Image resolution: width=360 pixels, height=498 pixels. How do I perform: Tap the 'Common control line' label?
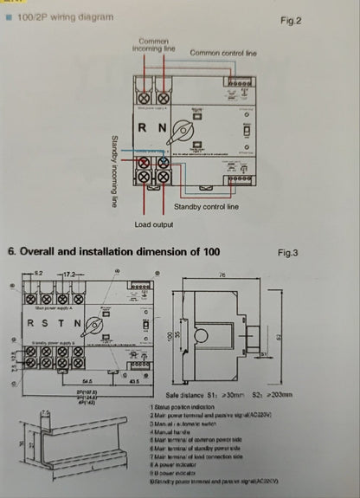223,53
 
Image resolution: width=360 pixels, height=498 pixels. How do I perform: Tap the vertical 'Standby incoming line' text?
113,171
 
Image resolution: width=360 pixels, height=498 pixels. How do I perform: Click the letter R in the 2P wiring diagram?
144,128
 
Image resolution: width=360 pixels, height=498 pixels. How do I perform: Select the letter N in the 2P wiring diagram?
162,128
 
